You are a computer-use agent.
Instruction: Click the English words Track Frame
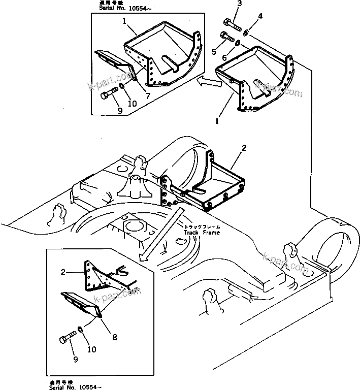pos(202,232)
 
